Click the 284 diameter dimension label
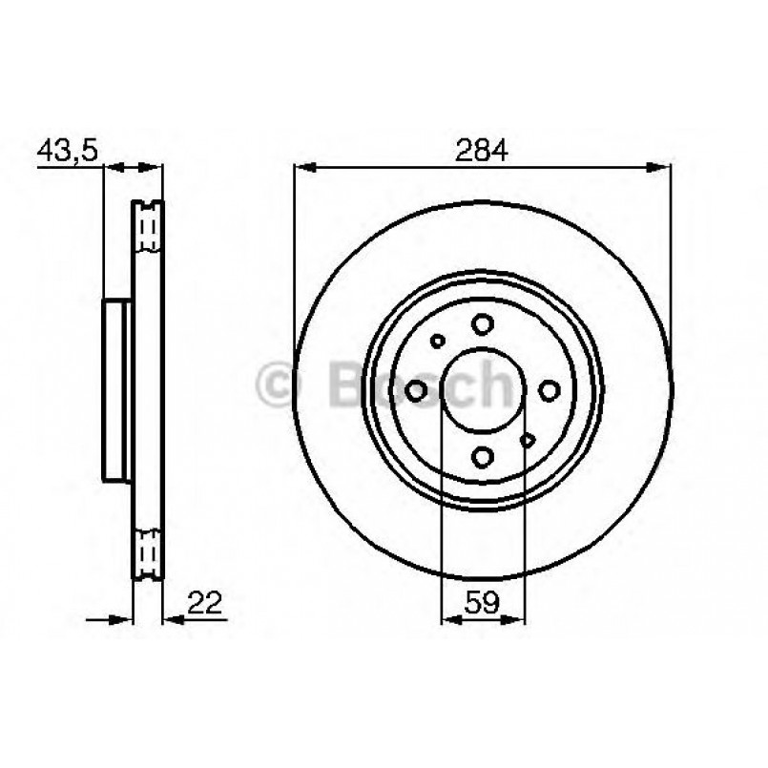coord(482,149)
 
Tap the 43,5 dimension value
coord(68,150)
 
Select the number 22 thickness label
coord(204,602)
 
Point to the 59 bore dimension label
coord(482,602)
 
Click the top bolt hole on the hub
coord(483,324)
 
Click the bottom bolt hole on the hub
coord(483,456)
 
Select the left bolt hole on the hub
coord(417,390)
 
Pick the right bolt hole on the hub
coord(549,390)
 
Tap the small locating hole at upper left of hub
coord(438,340)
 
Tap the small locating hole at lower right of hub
coord(528,441)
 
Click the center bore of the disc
coord(483,390)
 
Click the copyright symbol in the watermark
coord(279,384)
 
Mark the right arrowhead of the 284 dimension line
coord(662,168)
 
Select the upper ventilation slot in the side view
coord(148,227)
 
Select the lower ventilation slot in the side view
coord(148,553)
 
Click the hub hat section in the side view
coord(114,390)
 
